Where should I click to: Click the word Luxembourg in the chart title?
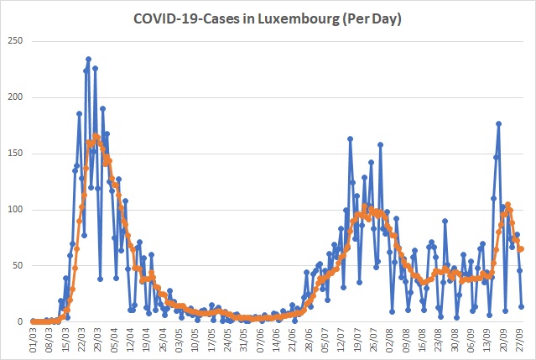pyautogui.click(x=297, y=19)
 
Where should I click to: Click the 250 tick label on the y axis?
pyautogui.click(x=15, y=40)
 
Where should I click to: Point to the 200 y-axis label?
pyautogui.click(x=15, y=97)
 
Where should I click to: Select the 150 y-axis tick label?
pyautogui.click(x=15, y=154)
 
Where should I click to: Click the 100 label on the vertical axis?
pyautogui.click(x=15, y=209)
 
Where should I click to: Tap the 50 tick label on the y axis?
pyautogui.click(x=18, y=265)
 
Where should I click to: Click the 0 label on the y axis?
pyautogui.click(x=20, y=321)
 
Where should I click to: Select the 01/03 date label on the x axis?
pyautogui.click(x=33, y=340)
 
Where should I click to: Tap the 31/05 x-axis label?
pyautogui.click(x=244, y=340)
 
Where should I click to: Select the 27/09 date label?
pyautogui.click(x=521, y=340)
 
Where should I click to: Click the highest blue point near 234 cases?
pyautogui.click(x=88, y=59)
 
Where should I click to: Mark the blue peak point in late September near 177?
pyautogui.click(x=498, y=123)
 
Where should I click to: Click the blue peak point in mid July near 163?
pyautogui.click(x=350, y=138)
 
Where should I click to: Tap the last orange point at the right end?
pyautogui.click(x=521, y=249)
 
